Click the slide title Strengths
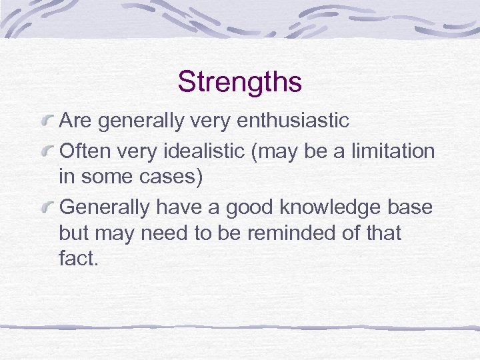click(239, 82)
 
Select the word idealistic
click(212, 151)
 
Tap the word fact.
click(79, 259)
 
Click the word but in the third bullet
click(75, 233)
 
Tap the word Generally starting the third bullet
click(105, 207)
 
